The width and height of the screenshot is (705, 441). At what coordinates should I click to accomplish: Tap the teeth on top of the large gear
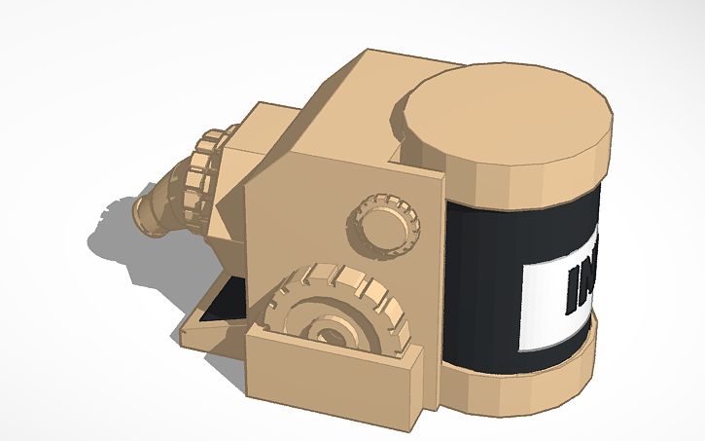pyautogui.click(x=340, y=282)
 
